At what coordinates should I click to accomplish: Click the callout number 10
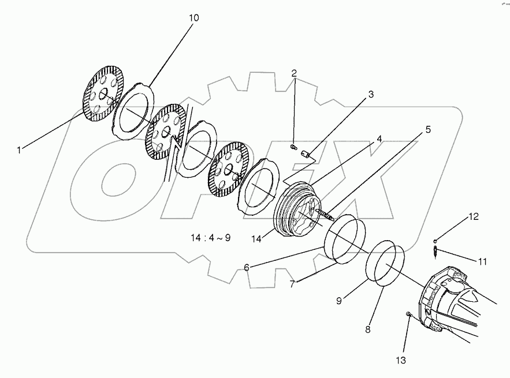(x=193, y=18)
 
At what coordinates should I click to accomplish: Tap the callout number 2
(x=294, y=73)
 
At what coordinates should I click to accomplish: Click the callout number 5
(x=427, y=129)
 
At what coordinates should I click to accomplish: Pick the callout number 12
(x=474, y=217)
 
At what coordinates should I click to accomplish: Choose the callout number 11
(x=482, y=261)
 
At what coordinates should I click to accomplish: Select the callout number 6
(x=246, y=267)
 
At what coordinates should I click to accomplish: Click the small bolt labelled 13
(x=409, y=315)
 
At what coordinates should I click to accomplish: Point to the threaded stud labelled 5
(x=326, y=214)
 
